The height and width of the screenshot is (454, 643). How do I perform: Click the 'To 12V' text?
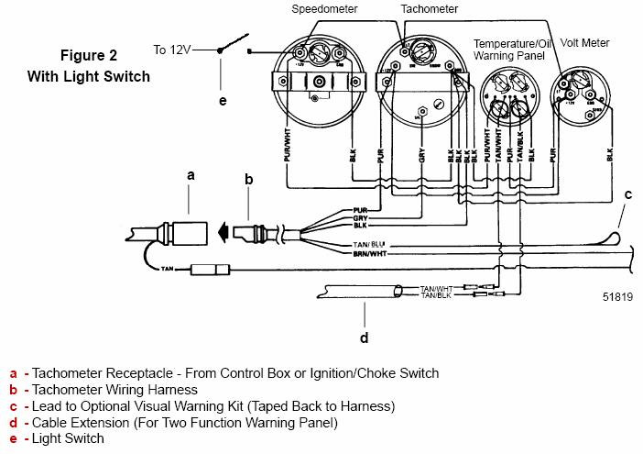coord(172,50)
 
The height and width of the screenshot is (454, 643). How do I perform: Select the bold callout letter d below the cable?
coord(364,338)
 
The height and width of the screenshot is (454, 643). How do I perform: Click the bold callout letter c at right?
coord(627,194)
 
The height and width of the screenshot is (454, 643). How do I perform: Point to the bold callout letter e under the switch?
coord(223,99)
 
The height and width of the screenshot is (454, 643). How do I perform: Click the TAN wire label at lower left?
coord(166,269)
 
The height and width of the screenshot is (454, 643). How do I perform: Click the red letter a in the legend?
coord(13,373)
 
